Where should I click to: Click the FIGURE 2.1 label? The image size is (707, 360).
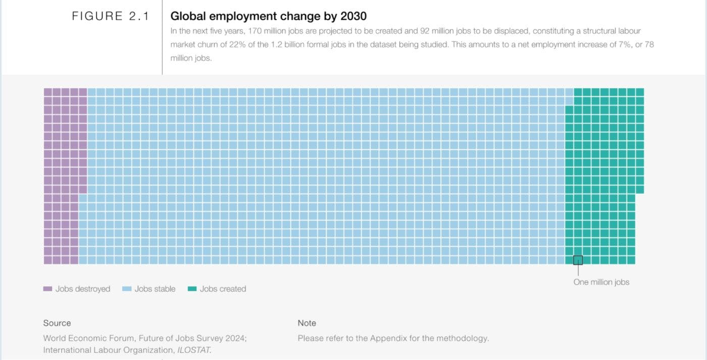coord(110,16)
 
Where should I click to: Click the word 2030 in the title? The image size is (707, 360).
coord(353,16)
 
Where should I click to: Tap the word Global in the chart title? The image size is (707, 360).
coord(187,16)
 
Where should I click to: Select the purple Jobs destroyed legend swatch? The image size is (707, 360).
coord(47,289)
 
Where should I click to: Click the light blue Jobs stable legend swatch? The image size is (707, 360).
coord(127,289)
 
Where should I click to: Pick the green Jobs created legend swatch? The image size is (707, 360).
coord(192,289)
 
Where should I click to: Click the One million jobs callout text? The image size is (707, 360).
coord(601,282)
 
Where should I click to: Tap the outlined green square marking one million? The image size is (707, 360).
coord(578,260)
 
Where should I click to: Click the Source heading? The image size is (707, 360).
coord(57,323)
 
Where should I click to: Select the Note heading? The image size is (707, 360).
coord(307,323)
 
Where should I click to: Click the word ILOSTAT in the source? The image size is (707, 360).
coord(193,350)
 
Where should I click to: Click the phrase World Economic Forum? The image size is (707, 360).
coord(88,338)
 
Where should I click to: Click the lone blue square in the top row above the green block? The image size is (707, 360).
coord(569,92)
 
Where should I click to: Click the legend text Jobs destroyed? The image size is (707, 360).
coord(83,289)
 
